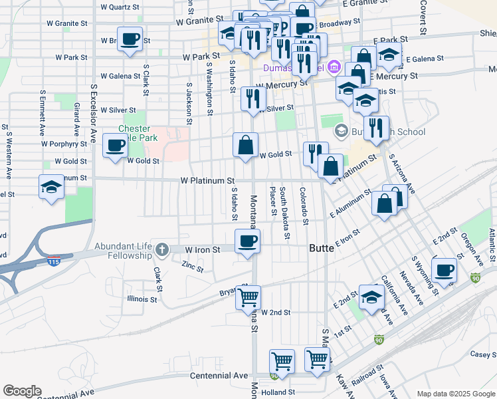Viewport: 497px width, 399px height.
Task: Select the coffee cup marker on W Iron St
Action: click(248, 241)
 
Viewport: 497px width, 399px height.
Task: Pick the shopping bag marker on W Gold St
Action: click(245, 144)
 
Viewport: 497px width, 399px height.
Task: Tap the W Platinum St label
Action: click(207, 181)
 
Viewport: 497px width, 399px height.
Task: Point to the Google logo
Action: click(22, 391)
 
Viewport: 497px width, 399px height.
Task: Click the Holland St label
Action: click(278, 392)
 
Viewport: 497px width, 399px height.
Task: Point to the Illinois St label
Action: click(142, 299)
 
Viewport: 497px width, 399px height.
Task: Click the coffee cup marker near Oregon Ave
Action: click(444, 270)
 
